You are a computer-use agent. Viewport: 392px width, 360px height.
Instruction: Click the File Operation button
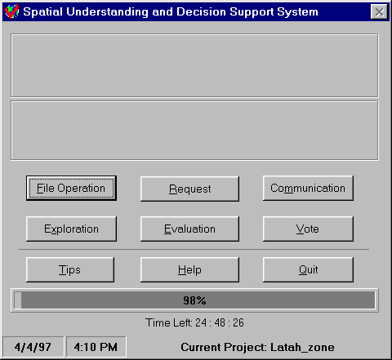click(71, 189)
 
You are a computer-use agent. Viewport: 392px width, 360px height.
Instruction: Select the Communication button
click(308, 189)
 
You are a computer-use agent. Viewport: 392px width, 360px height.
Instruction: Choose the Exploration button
click(71, 229)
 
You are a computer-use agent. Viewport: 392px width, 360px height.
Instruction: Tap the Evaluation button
click(189, 229)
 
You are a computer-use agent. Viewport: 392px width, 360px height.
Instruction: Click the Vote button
click(308, 229)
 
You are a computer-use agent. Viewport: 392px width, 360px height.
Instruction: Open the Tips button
click(70, 269)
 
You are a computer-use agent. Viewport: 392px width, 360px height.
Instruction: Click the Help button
click(189, 269)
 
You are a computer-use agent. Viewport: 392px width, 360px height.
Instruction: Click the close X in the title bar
click(379, 11)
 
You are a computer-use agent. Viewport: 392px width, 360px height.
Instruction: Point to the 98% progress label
click(194, 300)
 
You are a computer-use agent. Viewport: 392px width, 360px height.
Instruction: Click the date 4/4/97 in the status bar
click(33, 347)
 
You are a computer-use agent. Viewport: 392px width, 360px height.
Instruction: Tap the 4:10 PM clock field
click(96, 347)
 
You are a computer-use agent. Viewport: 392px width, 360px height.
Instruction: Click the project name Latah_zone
click(302, 348)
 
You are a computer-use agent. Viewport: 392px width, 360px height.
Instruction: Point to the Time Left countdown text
click(194, 322)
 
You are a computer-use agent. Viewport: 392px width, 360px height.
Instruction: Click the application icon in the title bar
click(11, 11)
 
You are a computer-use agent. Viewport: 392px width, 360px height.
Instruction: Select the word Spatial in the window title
click(43, 12)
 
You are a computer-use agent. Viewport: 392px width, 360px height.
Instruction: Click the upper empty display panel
click(194, 65)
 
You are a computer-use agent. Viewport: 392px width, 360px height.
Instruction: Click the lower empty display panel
click(194, 131)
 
